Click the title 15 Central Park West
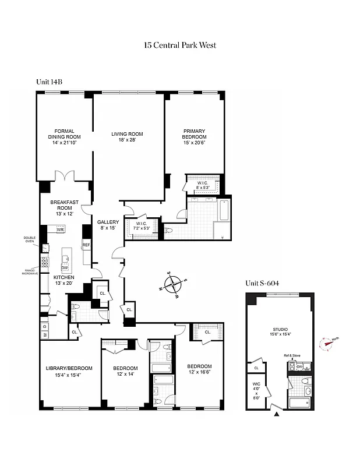[180, 45]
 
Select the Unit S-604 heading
[262, 283]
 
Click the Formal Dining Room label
[65, 137]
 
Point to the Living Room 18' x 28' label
[127, 137]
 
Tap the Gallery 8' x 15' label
[108, 225]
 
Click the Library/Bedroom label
[69, 371]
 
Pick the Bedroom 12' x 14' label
[125, 371]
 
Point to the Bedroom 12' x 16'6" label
[199, 369]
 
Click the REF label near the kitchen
[86, 245]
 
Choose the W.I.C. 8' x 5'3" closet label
[203, 185]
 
